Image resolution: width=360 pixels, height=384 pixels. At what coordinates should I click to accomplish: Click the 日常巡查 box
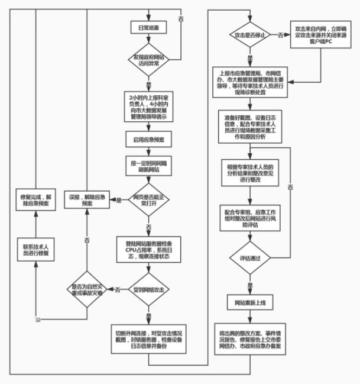[148, 27]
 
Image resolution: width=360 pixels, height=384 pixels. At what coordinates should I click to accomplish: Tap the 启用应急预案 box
[148, 139]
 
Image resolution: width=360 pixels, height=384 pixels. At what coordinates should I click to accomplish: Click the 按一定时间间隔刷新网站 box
[148, 166]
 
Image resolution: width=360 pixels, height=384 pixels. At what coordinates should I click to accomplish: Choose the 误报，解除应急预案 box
[87, 199]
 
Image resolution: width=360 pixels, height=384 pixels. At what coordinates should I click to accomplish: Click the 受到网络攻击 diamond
[148, 289]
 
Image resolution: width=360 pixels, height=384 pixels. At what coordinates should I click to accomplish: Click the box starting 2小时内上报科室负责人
[148, 105]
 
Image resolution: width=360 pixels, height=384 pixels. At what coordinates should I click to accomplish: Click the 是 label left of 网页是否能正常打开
[118, 200]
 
